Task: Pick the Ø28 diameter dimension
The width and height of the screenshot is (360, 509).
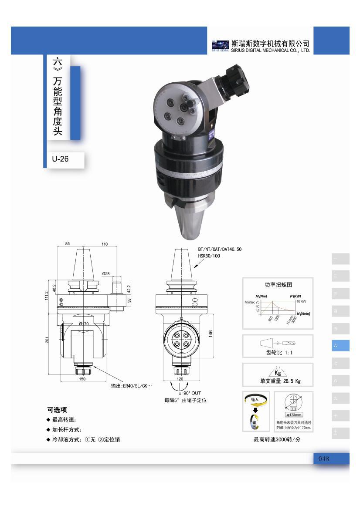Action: (106, 273)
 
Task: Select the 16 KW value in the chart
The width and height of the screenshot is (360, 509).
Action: (301, 301)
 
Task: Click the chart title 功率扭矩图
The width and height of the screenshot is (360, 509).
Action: (278, 285)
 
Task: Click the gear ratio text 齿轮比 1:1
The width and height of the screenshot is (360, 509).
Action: (278, 353)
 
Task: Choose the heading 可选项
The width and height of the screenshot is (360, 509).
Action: (57, 410)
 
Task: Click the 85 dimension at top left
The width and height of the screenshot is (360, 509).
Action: (68, 244)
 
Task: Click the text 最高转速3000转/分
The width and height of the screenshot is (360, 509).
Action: (277, 439)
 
